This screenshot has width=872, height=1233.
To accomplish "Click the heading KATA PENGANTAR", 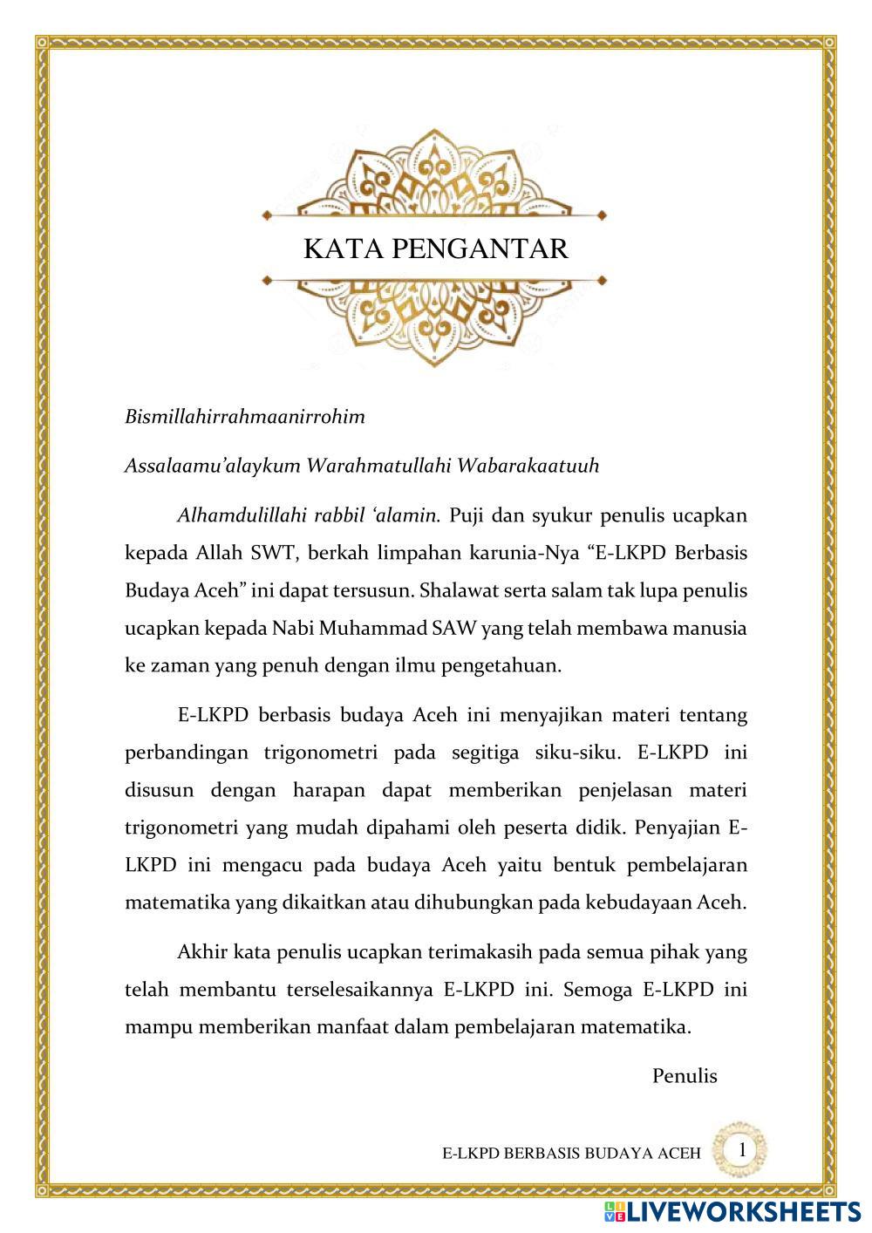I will tap(435, 249).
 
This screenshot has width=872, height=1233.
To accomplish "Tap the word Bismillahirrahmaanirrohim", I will tap(245, 416).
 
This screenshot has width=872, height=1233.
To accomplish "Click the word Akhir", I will tap(202, 952).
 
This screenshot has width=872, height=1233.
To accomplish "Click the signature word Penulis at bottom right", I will tap(685, 1076).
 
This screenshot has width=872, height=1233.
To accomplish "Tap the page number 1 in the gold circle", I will tap(741, 1149).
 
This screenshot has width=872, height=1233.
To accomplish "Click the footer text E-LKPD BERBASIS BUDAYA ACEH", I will tap(571, 1154).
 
